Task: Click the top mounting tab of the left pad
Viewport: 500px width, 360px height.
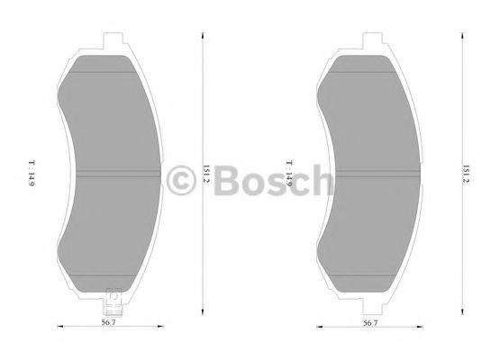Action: pos(112,40)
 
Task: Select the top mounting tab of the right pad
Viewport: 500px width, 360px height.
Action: pos(369,40)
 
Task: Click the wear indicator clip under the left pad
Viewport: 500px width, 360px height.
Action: pos(112,296)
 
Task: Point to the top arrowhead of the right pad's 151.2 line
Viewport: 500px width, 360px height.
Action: pos(460,37)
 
